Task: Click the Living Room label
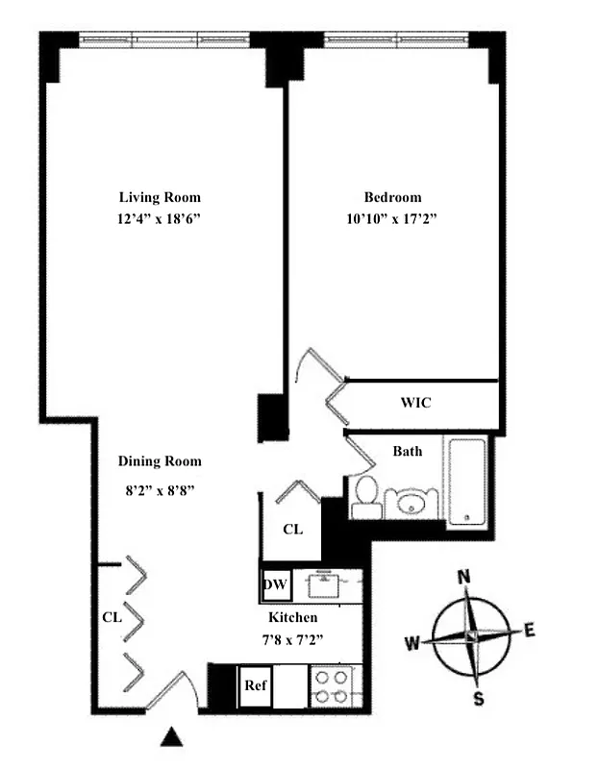[160, 197]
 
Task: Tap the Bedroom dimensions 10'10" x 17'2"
[392, 219]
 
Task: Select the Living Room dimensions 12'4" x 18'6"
[160, 219]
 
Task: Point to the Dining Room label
[160, 460]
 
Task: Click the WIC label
[415, 403]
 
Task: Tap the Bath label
[410, 450]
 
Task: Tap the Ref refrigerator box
[256, 686]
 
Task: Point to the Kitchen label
[292, 617]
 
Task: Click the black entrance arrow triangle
[171, 737]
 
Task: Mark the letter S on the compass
[479, 699]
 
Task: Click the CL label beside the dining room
[112, 617]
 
